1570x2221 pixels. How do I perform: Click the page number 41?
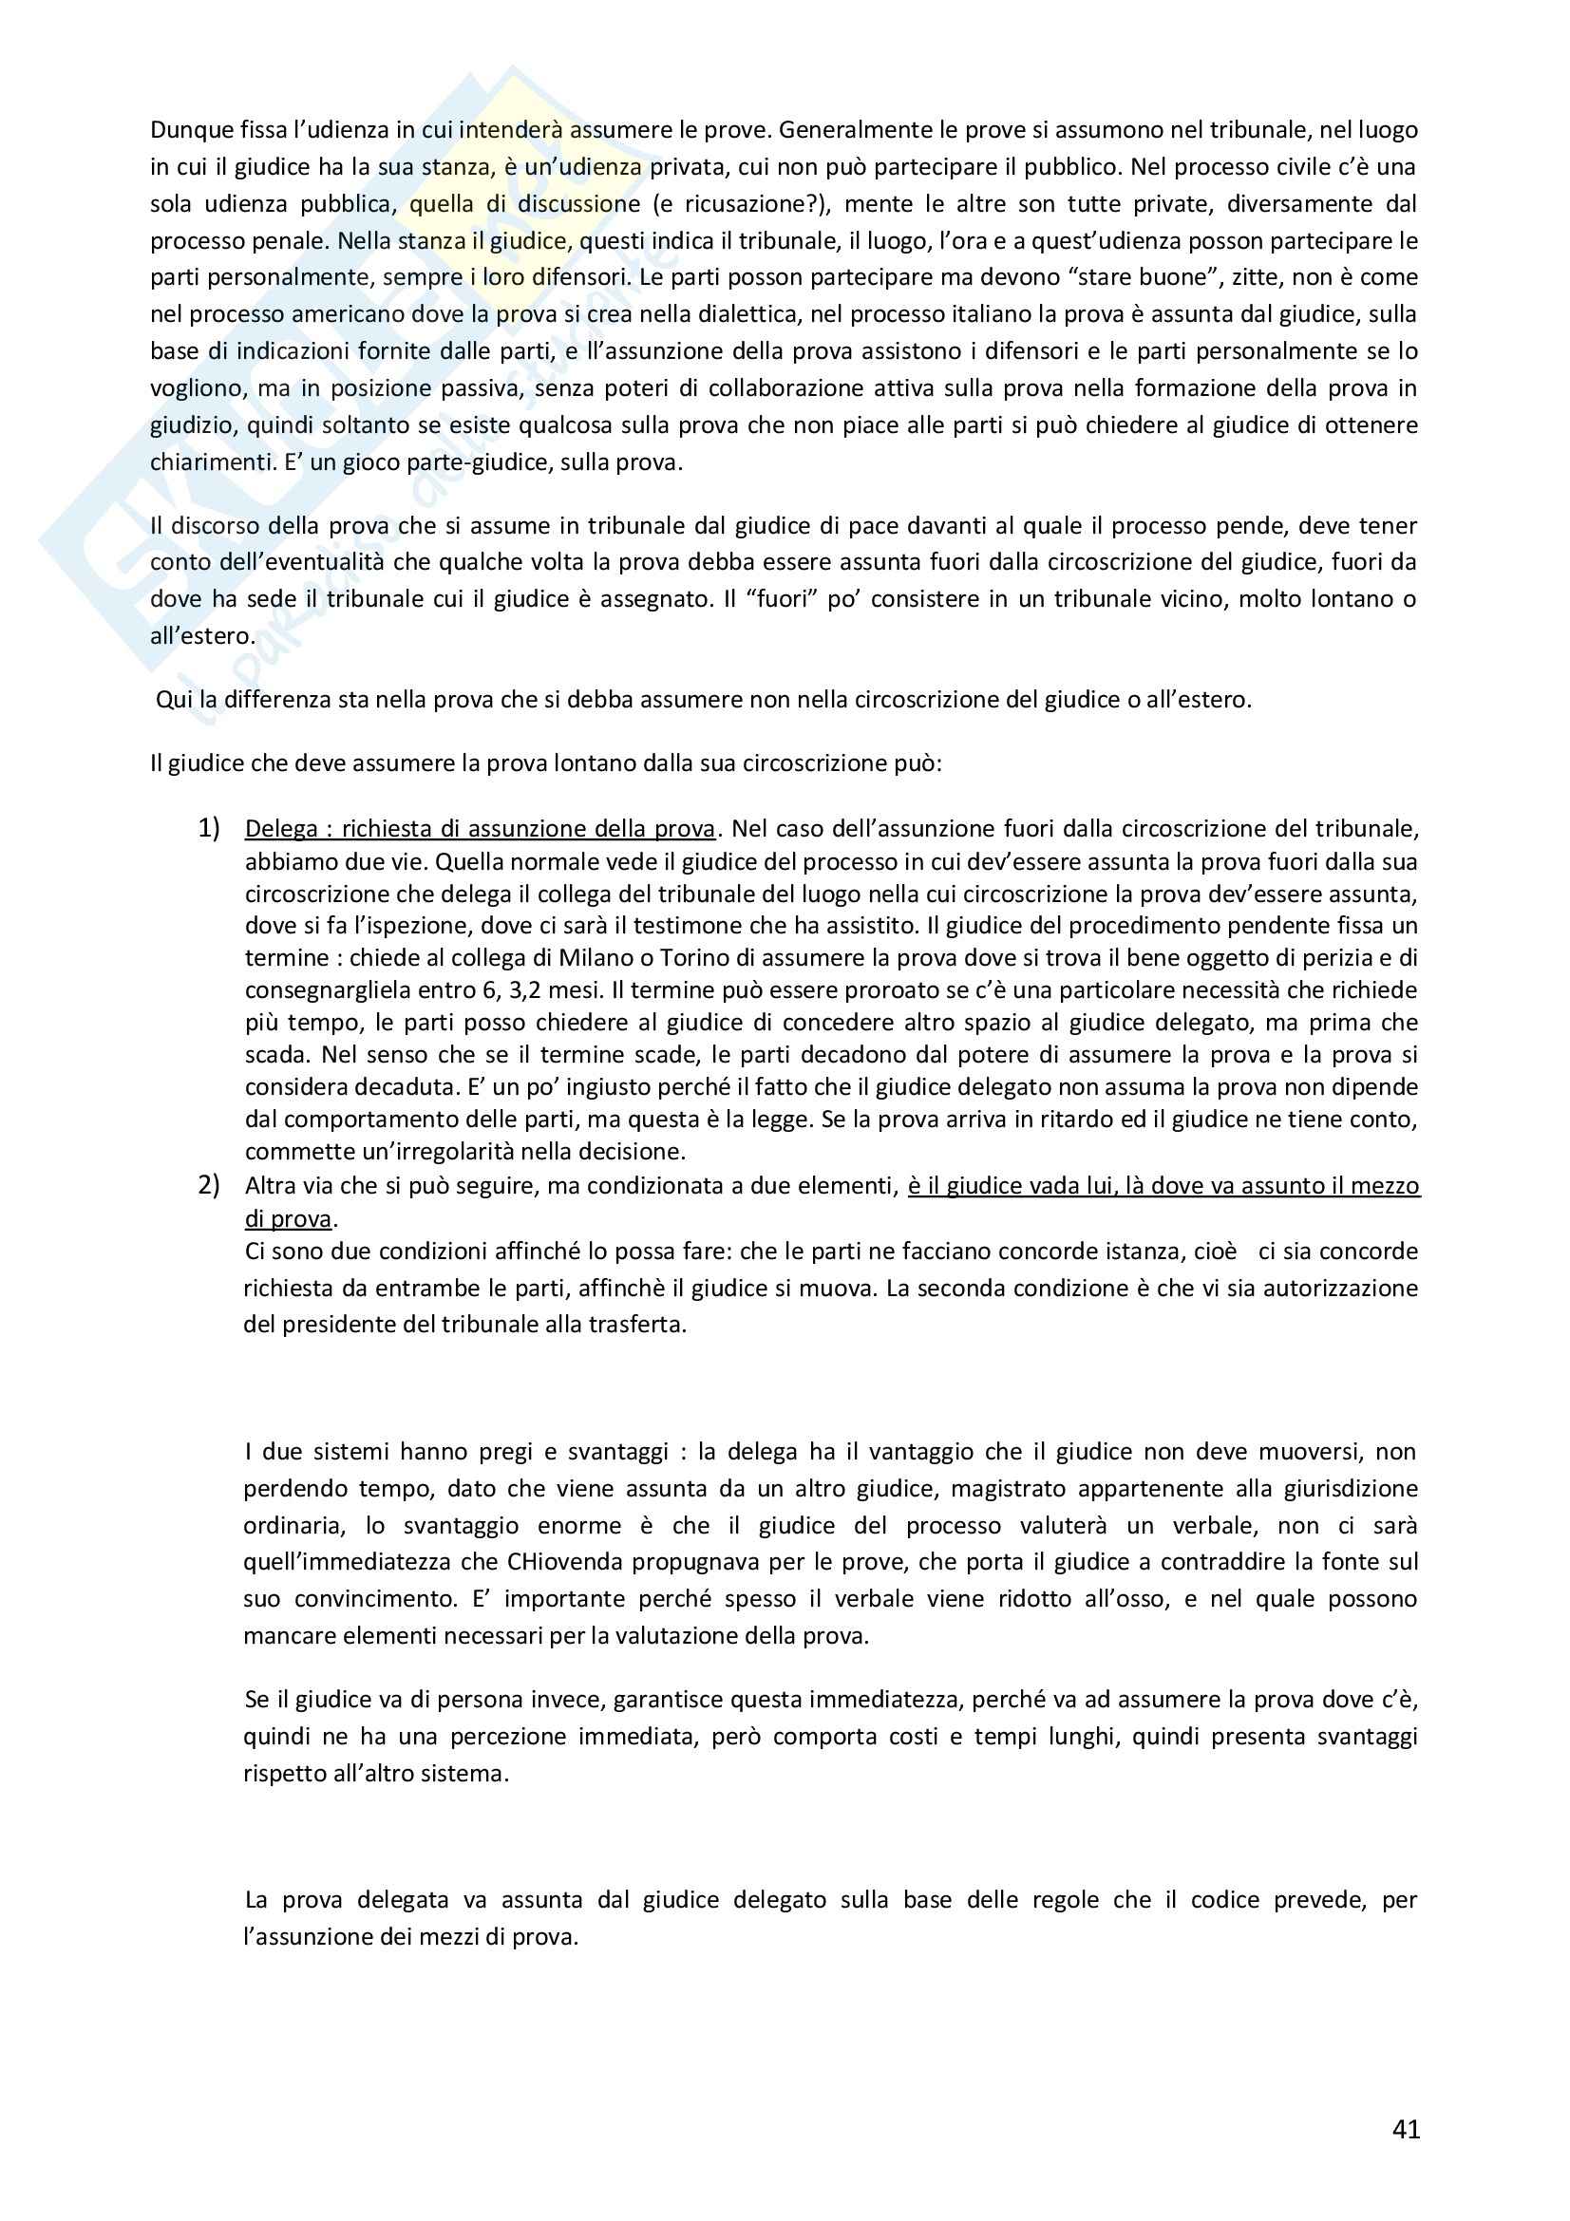click(x=1406, y=2129)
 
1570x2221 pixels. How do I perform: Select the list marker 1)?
click(x=209, y=828)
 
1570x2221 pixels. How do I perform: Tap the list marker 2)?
click(x=209, y=1185)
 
